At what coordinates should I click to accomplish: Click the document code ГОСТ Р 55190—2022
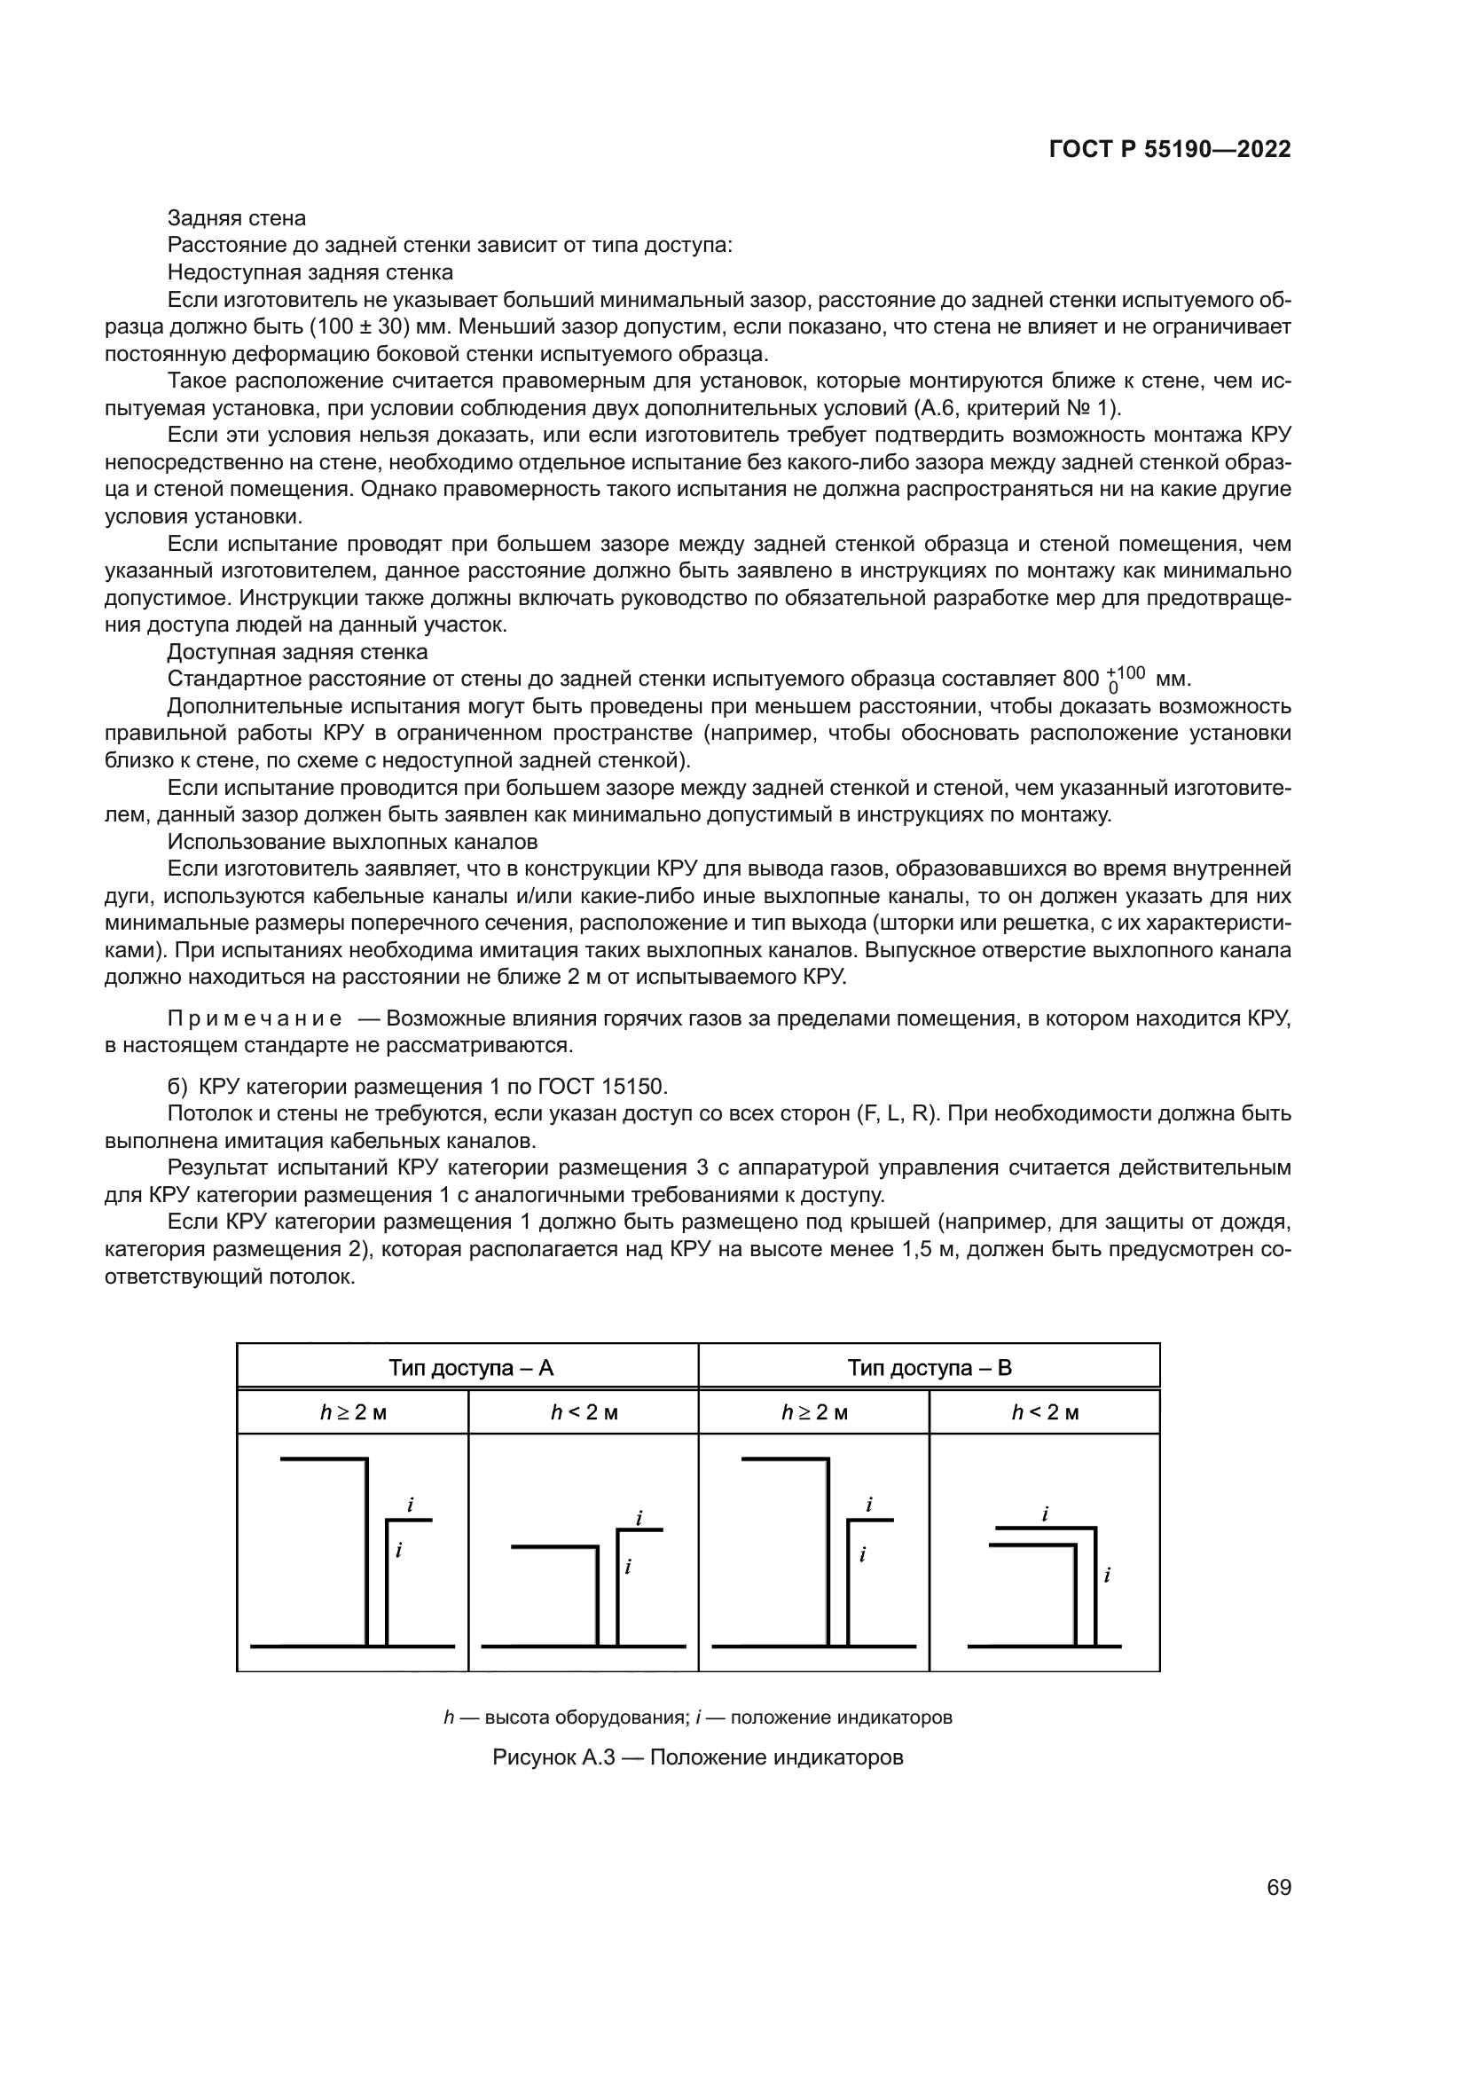click(x=1170, y=150)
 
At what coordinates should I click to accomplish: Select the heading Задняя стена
click(x=237, y=218)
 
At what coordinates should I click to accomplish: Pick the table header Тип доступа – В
click(x=930, y=1367)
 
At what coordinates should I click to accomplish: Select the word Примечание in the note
click(x=255, y=1018)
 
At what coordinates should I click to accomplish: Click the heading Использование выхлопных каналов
click(x=352, y=841)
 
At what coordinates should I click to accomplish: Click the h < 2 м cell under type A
click(x=584, y=1412)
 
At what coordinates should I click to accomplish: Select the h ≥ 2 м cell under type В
click(x=814, y=1412)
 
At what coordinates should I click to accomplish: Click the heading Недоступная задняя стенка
click(x=310, y=272)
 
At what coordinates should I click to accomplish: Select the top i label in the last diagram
click(x=1045, y=1513)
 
